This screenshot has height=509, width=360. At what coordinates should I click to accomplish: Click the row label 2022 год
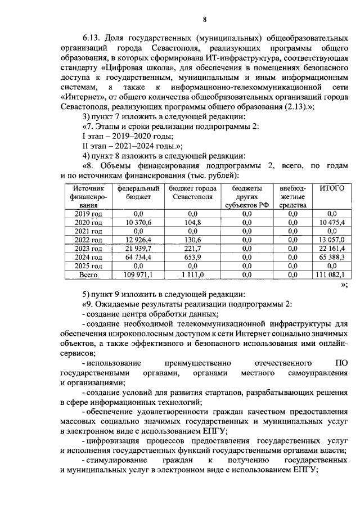[x=84, y=240]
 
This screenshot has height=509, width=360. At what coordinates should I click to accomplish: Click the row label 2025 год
[x=84, y=265]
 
